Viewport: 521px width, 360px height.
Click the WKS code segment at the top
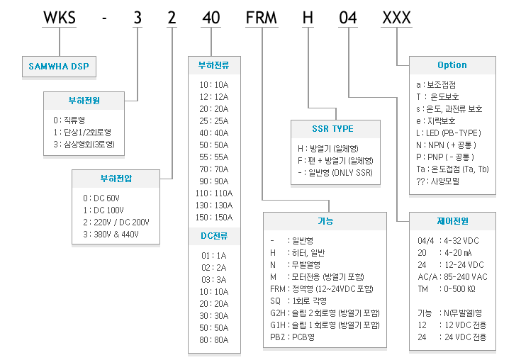pyautogui.click(x=60, y=18)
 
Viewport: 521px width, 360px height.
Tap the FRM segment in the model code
pyautogui.click(x=261, y=18)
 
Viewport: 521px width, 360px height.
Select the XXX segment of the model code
pyautogui.click(x=397, y=18)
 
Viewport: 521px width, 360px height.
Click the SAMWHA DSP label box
pyautogui.click(x=59, y=67)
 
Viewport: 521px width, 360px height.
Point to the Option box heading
pyautogui.click(x=452, y=65)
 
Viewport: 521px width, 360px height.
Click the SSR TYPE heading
pyautogui.click(x=332, y=129)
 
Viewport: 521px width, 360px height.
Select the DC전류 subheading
pyautogui.click(x=214, y=236)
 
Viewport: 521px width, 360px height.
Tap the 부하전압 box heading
pyautogui.click(x=116, y=179)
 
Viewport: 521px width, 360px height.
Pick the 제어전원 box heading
pyautogui.click(x=452, y=221)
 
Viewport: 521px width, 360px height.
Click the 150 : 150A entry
pyautogui.click(x=214, y=218)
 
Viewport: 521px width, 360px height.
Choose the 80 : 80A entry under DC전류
pyautogui.click(x=214, y=340)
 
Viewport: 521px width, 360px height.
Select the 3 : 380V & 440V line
pyautogui.click(x=111, y=235)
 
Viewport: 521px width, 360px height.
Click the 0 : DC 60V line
pyautogui.click(x=101, y=198)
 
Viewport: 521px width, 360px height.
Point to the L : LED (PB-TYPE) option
pyautogui.click(x=449, y=133)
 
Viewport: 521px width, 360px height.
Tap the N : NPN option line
pyautogui.click(x=447, y=145)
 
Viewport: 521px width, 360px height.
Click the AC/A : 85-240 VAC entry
pyautogui.click(x=452, y=277)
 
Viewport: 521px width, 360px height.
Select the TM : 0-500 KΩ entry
pyautogui.click(x=447, y=289)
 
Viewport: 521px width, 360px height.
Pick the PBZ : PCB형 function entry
pyautogui.click(x=292, y=337)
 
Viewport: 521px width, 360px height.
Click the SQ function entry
pyautogui.click(x=298, y=301)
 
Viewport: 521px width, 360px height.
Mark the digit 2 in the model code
pyautogui.click(x=172, y=18)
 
